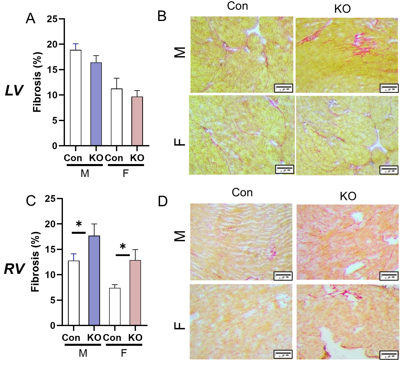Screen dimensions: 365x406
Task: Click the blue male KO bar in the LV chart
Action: click(96, 104)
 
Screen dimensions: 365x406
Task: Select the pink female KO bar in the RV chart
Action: click(135, 293)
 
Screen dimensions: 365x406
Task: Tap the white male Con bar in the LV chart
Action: click(76, 98)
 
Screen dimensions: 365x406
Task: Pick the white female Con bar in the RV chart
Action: click(115, 306)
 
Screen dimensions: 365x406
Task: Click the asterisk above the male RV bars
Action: click(79, 224)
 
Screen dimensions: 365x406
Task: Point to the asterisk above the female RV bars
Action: click(123, 247)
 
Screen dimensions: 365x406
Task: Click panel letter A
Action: click(31, 18)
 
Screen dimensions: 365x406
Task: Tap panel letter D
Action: click(162, 201)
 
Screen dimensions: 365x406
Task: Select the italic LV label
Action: click(14, 90)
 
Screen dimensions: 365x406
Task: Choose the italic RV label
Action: click(14, 269)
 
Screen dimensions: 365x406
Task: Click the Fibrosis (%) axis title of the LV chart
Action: click(37, 82)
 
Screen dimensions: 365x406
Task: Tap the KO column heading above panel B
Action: click(342, 9)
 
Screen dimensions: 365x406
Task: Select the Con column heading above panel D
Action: click(242, 193)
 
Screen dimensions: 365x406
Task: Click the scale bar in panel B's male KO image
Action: click(389, 88)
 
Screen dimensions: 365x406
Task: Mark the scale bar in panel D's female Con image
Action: click(283, 354)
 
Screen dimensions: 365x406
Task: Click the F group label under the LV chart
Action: click(126, 174)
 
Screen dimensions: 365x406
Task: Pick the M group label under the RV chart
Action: click(83, 353)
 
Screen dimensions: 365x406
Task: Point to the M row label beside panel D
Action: click(180, 236)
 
